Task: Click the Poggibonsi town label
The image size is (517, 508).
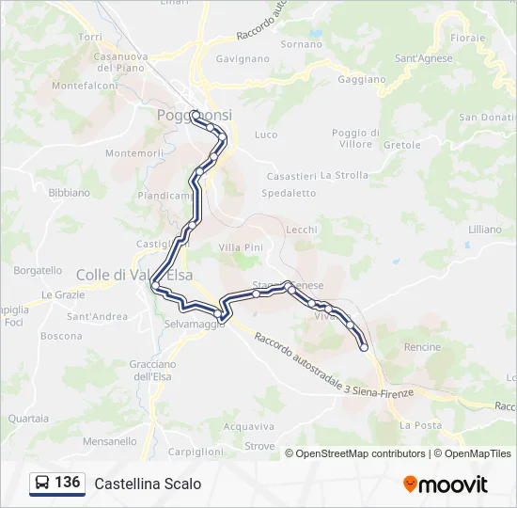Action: coord(194,115)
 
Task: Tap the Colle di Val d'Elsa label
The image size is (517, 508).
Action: coord(121,275)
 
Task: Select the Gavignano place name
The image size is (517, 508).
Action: coord(243,58)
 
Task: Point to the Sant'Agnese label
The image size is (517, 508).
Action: coord(423,58)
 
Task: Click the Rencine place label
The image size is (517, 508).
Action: coord(422,347)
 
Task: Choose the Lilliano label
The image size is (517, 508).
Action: coord(485,230)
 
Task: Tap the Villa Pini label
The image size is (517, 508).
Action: coord(240,247)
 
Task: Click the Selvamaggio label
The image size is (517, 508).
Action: coord(196,325)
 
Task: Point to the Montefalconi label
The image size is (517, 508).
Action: coord(85,86)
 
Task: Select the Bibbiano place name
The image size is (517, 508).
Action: coord(70,193)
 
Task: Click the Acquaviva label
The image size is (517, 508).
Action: coord(248,426)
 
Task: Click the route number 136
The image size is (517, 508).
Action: coord(67,483)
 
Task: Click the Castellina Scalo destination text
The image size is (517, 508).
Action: coord(148,484)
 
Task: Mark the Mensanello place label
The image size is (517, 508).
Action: coord(109,441)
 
